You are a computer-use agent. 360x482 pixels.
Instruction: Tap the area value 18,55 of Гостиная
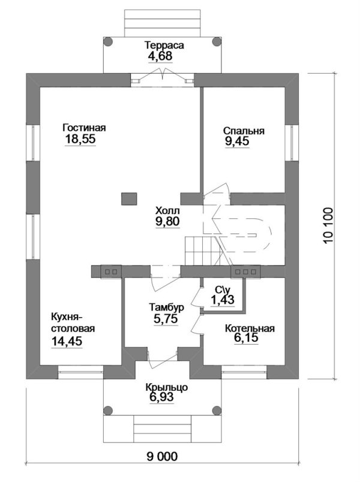(x=80, y=139)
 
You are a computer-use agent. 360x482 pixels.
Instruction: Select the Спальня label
(x=244, y=131)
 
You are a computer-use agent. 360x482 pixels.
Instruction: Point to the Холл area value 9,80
(x=167, y=221)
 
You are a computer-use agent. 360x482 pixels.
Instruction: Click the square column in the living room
(x=129, y=199)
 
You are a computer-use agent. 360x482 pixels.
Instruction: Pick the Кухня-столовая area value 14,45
(x=67, y=341)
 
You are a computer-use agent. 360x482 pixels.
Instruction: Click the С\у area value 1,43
(x=222, y=299)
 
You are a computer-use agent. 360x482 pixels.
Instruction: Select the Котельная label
(x=250, y=329)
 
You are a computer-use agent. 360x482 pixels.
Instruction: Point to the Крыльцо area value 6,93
(x=161, y=397)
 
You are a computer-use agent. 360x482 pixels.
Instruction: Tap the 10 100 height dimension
(x=328, y=225)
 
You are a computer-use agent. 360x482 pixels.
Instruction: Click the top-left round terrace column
(x=107, y=42)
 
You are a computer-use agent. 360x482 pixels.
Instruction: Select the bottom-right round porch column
(x=217, y=410)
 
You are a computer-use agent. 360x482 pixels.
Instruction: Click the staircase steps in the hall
(x=200, y=250)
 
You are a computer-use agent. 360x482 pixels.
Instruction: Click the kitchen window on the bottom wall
(x=80, y=372)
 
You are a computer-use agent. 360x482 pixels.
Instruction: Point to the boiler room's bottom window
(x=244, y=372)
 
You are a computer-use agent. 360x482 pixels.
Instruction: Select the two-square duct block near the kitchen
(x=111, y=272)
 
